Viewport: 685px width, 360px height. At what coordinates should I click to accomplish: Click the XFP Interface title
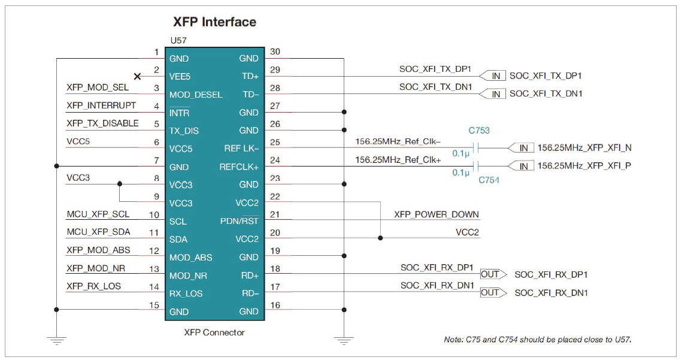pyautogui.click(x=214, y=22)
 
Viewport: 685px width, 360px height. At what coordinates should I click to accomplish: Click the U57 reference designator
pyautogui.click(x=179, y=41)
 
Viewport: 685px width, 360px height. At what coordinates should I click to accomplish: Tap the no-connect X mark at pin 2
pyautogui.click(x=138, y=76)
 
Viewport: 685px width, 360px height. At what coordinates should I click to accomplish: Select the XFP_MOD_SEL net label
pyautogui.click(x=97, y=87)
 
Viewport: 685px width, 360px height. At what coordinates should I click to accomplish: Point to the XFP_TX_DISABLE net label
pyautogui.click(x=102, y=123)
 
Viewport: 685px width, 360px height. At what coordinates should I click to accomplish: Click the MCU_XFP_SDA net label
pyautogui.click(x=98, y=232)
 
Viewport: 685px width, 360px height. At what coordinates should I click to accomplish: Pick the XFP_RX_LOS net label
pyautogui.click(x=93, y=286)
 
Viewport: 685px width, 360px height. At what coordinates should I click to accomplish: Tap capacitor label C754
pyautogui.click(x=489, y=180)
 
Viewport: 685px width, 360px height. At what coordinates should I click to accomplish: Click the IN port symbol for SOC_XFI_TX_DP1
pyautogui.click(x=495, y=76)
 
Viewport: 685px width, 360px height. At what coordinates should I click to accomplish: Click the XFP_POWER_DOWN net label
pyautogui.click(x=437, y=214)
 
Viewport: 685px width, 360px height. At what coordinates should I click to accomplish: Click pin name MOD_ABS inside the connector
pyautogui.click(x=190, y=258)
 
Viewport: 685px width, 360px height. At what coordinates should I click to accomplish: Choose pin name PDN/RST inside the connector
pyautogui.click(x=240, y=221)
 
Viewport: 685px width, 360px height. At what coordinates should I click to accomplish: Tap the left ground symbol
pyautogui.click(x=56, y=340)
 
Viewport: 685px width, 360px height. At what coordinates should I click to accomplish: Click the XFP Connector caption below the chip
pyautogui.click(x=214, y=332)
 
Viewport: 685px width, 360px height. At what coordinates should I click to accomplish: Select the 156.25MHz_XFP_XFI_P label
pyautogui.click(x=584, y=166)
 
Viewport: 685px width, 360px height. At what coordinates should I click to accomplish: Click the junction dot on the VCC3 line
pyautogui.click(x=120, y=184)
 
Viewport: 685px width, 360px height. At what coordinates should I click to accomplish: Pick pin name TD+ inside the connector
pyautogui.click(x=250, y=77)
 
